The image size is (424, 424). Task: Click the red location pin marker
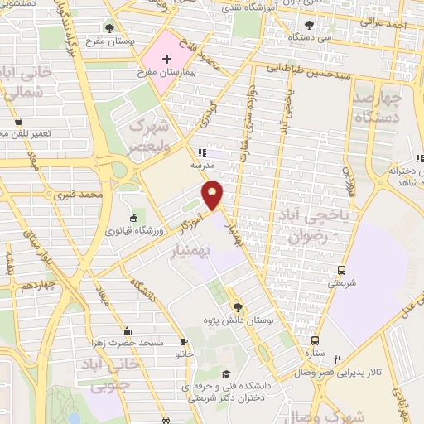click(213, 194)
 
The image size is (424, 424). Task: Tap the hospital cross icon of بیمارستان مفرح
click(167, 59)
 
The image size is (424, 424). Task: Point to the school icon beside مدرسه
click(201, 152)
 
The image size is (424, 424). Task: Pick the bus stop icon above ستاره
click(315, 340)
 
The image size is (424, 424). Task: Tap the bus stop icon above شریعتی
click(341, 270)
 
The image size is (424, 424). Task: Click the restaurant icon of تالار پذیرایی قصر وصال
click(336, 359)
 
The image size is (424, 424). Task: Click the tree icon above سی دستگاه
click(310, 26)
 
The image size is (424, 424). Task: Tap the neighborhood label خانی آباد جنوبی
click(97, 375)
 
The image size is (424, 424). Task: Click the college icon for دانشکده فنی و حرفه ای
click(227, 373)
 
